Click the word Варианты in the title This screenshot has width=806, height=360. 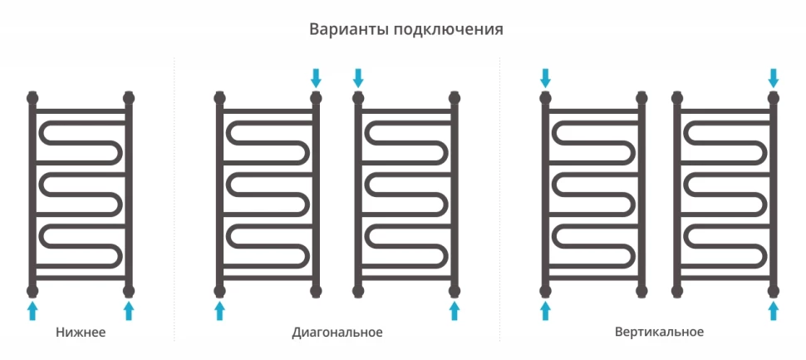(347, 30)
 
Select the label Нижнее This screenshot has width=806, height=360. (81, 333)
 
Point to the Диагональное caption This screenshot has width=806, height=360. (337, 333)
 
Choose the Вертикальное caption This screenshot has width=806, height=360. (660, 333)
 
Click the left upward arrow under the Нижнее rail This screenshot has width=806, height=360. (32, 311)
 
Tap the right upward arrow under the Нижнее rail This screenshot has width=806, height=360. (129, 311)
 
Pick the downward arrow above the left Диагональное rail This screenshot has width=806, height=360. (316, 78)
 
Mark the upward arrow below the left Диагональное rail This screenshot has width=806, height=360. (219, 311)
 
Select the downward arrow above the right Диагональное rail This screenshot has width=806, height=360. (358, 78)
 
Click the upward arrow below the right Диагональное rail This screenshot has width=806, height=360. (455, 311)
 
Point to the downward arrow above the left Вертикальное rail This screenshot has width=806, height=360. (545, 78)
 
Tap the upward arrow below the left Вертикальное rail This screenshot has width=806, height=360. (545, 311)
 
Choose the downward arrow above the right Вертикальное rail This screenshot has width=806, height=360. (774, 78)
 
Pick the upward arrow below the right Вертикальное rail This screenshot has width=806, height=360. (774, 311)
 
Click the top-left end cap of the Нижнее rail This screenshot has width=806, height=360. (32, 97)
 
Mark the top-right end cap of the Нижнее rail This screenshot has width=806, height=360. (129, 97)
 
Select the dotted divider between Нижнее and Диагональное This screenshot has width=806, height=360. (174, 200)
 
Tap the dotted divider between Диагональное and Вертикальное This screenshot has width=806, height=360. (499, 200)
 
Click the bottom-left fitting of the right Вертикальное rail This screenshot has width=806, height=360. (677, 290)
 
